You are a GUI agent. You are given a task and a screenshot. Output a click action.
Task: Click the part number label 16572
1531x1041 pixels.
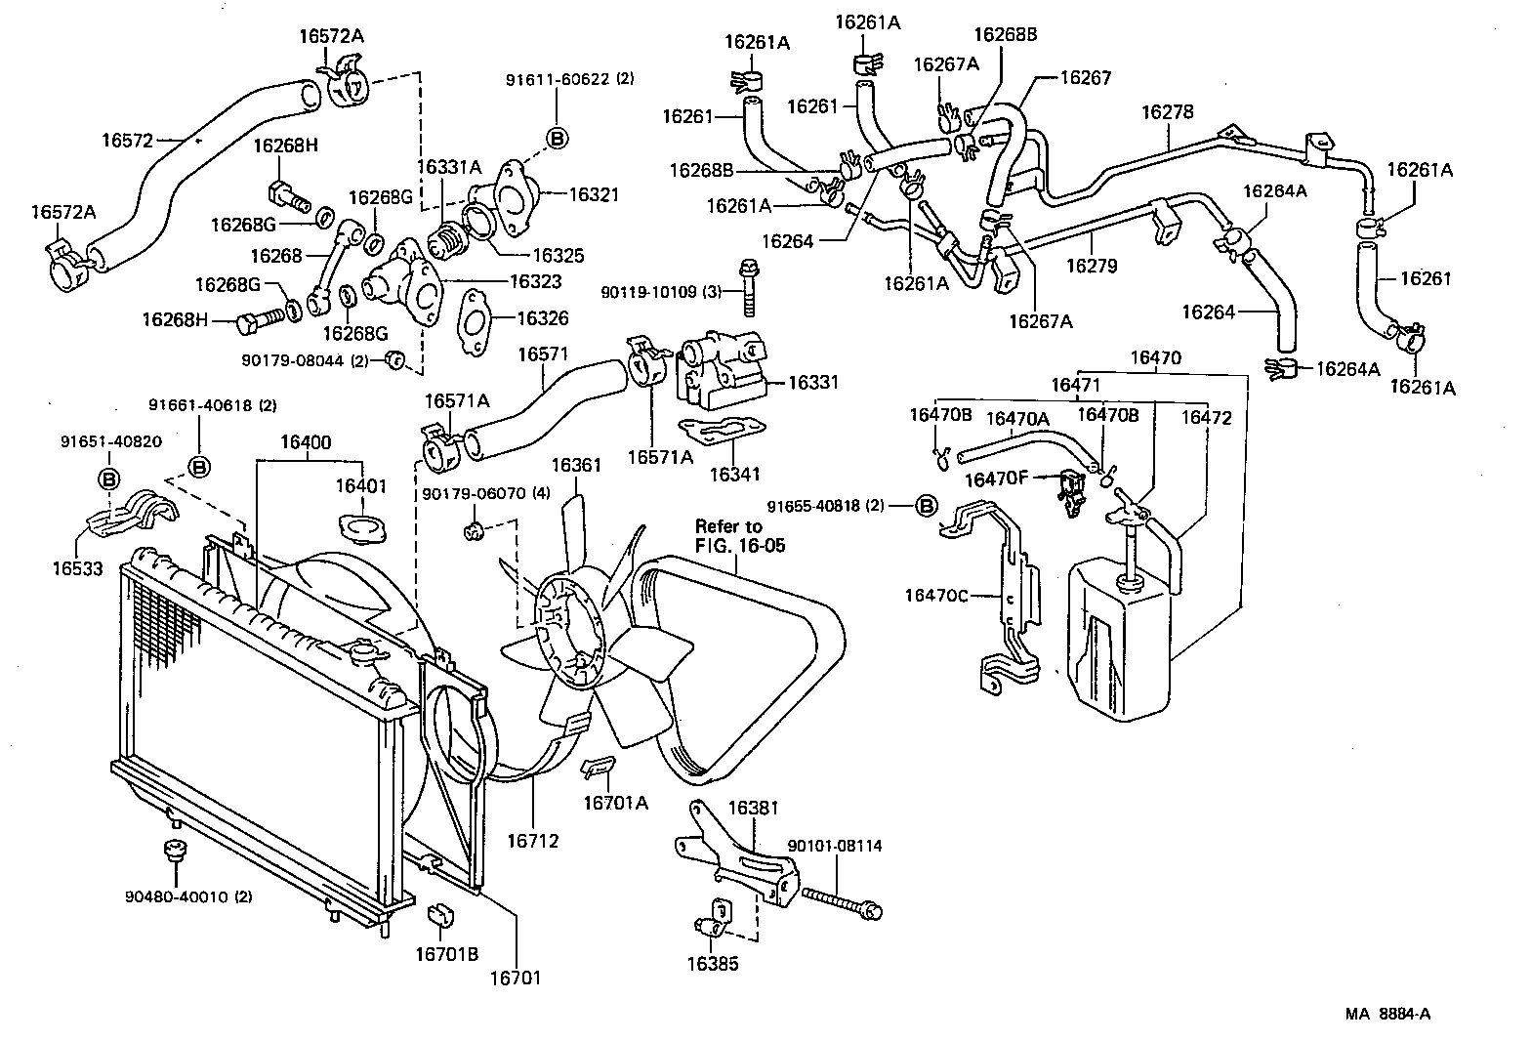127,140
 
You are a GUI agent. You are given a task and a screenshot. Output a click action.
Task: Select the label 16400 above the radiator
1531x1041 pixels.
306,442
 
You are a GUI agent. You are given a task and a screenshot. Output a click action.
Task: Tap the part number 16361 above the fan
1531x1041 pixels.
576,465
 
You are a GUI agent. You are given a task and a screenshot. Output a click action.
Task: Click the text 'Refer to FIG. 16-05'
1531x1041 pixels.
739,536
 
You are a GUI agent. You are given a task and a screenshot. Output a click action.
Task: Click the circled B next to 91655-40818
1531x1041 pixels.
926,506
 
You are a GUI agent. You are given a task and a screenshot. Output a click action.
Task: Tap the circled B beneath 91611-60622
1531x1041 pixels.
557,139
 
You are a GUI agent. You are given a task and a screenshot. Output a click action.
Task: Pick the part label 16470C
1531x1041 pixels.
935,595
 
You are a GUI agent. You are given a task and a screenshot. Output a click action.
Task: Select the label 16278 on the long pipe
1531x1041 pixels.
1167,113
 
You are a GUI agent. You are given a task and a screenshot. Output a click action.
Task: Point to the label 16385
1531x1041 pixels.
713,964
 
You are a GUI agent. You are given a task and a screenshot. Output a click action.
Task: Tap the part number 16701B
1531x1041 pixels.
445,954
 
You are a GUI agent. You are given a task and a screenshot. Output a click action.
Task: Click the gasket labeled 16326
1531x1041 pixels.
473,316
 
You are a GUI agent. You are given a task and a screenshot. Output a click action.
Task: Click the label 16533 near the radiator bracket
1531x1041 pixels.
77,566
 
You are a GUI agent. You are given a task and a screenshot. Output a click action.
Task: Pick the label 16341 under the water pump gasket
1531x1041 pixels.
734,475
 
